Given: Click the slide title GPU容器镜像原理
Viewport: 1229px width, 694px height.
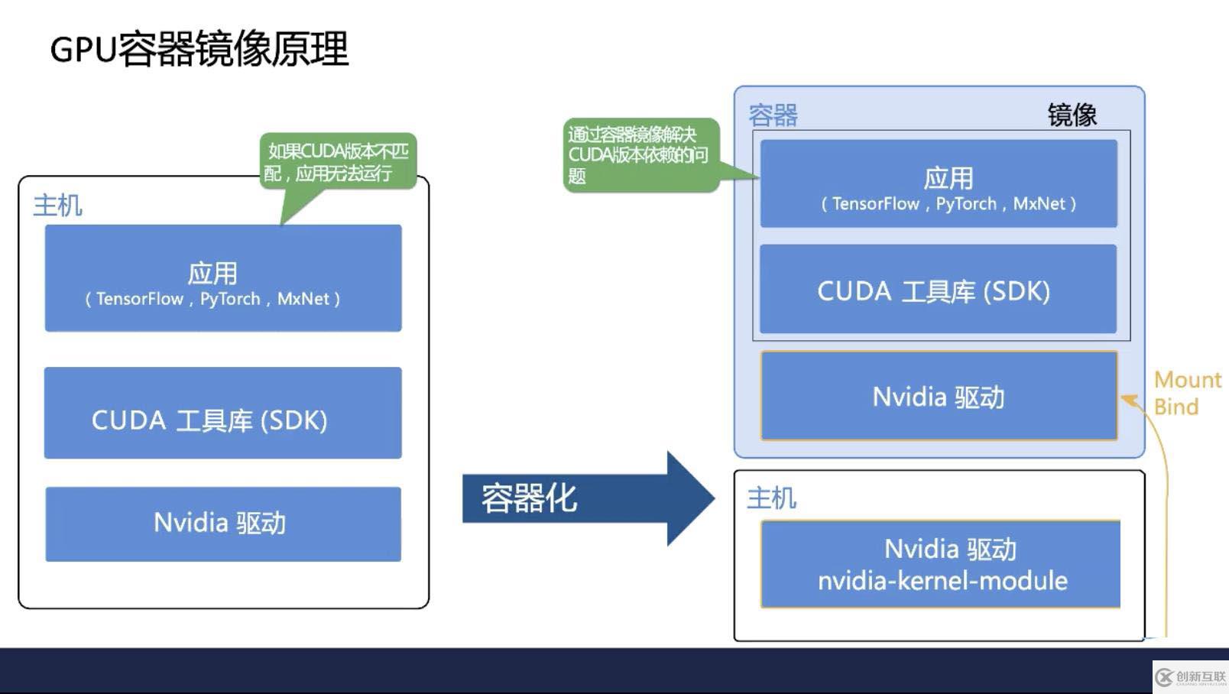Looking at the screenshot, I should [x=199, y=49].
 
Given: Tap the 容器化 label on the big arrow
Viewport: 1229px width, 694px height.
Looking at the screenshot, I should [x=529, y=498].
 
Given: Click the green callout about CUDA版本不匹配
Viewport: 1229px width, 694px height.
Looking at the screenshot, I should [x=337, y=161].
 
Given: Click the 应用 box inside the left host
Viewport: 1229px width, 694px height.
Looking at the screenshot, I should [x=222, y=278].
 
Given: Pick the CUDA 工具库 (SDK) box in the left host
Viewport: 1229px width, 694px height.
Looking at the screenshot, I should [x=222, y=413].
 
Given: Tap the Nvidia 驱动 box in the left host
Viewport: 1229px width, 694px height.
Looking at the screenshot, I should [x=222, y=524].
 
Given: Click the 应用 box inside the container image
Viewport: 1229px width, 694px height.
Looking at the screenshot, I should [x=939, y=183].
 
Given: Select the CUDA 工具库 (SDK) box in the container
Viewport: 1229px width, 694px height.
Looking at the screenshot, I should [x=938, y=290].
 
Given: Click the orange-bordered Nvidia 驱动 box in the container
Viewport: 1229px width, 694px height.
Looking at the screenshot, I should [x=939, y=396].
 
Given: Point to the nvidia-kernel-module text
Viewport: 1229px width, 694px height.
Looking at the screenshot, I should [x=942, y=581].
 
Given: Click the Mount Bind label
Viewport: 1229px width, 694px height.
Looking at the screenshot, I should [x=1186, y=393].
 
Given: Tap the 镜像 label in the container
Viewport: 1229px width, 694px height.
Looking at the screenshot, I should [x=1072, y=115].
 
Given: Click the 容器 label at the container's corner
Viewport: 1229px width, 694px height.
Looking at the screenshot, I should [x=773, y=115].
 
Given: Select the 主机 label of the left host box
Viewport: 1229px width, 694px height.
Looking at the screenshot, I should [x=57, y=205].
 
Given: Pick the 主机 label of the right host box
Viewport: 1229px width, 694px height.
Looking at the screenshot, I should [x=771, y=498].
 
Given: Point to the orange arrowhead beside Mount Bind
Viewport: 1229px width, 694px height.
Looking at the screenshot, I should [x=1128, y=400].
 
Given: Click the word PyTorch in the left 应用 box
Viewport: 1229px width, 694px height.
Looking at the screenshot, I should [x=230, y=299].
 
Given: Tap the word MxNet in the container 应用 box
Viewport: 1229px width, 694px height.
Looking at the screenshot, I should [x=1039, y=204].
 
